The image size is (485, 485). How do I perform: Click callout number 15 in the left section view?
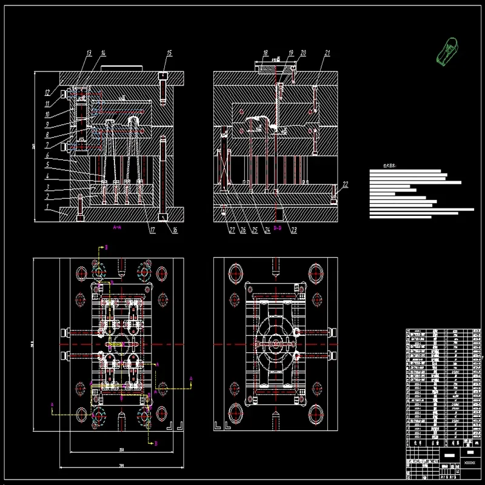pos(169,53)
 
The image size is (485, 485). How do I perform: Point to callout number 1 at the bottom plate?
pos(48,207)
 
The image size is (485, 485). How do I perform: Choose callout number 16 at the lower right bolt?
pos(175,229)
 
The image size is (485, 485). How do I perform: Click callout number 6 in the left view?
pos(48,156)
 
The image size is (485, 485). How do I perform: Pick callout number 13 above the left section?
pos(89,53)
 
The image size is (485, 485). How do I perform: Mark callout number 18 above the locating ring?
pos(265,53)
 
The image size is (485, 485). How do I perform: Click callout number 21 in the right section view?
pos(327,53)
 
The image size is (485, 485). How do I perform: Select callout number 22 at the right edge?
pos(345,184)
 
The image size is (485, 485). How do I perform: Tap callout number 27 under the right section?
pos(231,230)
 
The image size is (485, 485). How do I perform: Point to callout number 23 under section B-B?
pos(294,230)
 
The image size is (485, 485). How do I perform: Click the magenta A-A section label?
pos(118,227)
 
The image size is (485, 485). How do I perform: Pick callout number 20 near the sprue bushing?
pos(303,53)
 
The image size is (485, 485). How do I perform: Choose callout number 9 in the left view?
pos(48,124)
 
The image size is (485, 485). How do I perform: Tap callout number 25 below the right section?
pos(255,230)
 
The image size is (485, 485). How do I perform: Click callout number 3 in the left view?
pos(48,187)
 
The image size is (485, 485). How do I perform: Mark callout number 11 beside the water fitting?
pos(48,103)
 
